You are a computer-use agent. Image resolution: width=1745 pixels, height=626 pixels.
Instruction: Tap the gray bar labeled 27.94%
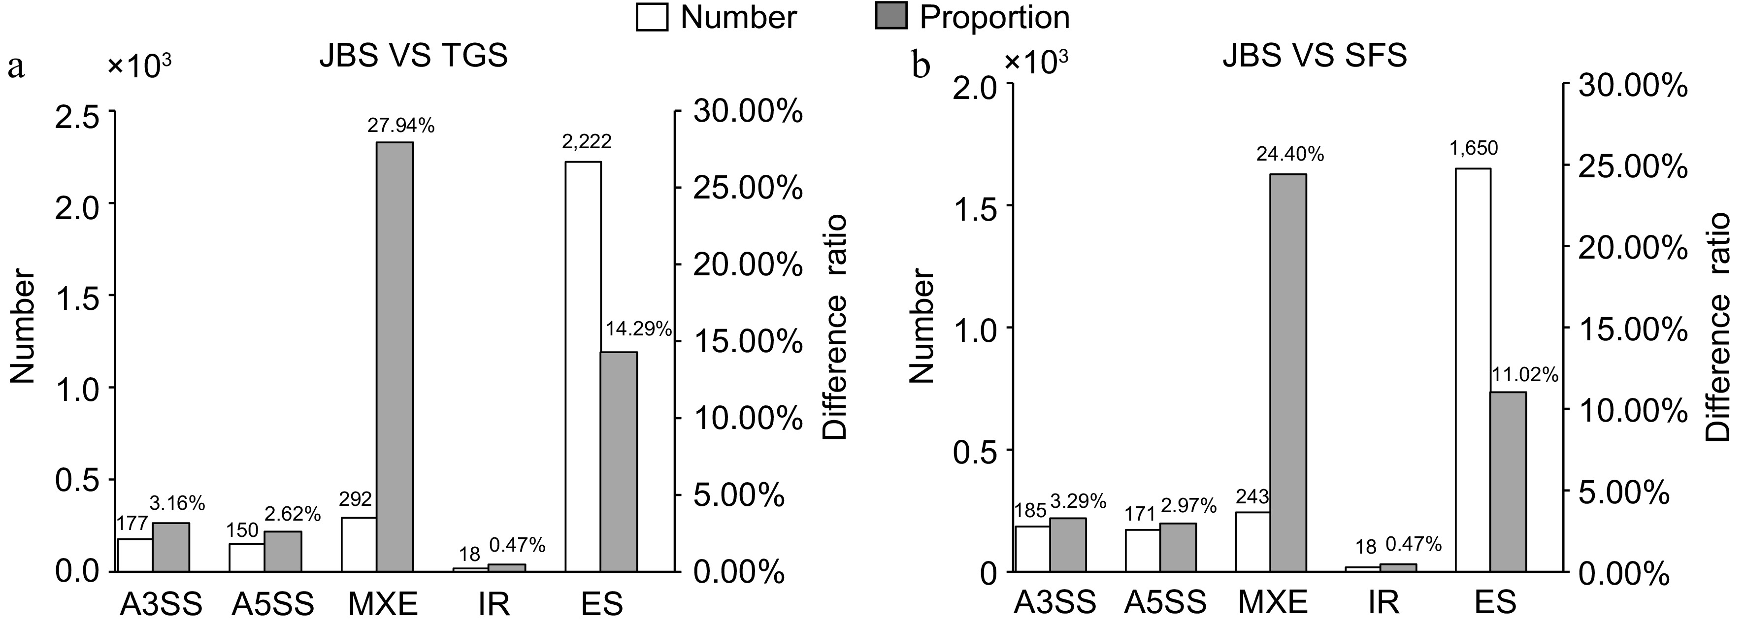(395, 356)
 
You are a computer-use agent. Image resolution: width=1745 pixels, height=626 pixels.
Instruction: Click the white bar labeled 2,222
(583, 366)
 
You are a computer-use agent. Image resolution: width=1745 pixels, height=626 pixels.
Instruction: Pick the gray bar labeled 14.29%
(619, 461)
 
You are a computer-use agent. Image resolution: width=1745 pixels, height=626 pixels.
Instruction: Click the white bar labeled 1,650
(1473, 369)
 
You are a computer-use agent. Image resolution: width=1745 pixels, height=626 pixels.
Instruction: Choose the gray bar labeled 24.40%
(1288, 373)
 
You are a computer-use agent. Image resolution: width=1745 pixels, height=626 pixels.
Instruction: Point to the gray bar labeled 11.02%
(1508, 481)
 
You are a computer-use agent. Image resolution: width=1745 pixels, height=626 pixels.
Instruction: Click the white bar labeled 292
(359, 544)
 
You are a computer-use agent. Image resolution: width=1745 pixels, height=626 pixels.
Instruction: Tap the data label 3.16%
(177, 503)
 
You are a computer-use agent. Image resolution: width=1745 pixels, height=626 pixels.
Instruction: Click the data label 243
(1252, 497)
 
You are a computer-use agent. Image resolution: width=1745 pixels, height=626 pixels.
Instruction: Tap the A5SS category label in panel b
(1165, 602)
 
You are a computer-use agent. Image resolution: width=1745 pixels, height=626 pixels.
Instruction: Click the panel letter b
(922, 66)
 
